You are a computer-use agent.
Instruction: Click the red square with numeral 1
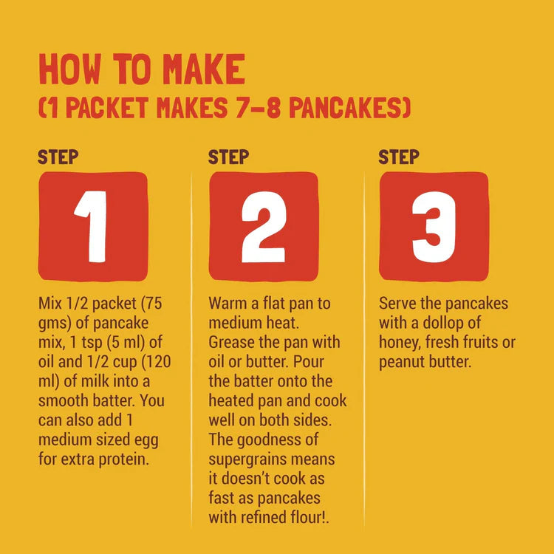pyautogui.click(x=93, y=227)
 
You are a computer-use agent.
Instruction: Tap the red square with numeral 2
pyautogui.click(x=264, y=227)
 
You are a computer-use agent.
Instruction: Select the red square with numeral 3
pyautogui.click(x=434, y=227)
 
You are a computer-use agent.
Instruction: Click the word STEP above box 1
pyautogui.click(x=58, y=157)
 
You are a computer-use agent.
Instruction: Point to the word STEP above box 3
pyautogui.click(x=399, y=157)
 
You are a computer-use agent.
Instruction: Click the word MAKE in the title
pyautogui.click(x=204, y=69)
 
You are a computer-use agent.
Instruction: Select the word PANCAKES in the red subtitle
pyautogui.click(x=350, y=107)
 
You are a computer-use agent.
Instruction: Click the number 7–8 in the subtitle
pyautogui.click(x=259, y=107)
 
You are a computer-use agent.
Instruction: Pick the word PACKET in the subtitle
pyautogui.click(x=107, y=107)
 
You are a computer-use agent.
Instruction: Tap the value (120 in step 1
pyautogui.click(x=156, y=362)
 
